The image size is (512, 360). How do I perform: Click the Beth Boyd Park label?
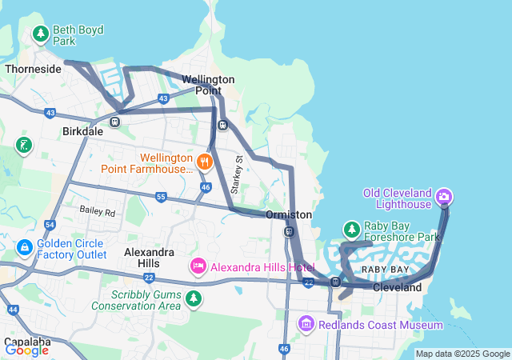(x=78, y=35)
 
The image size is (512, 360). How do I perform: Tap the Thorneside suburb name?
(x=33, y=70)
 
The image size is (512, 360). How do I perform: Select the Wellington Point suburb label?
(x=208, y=85)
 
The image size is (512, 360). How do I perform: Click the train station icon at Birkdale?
(x=115, y=122)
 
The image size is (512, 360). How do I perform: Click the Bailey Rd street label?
(x=97, y=212)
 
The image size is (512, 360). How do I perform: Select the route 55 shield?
(x=161, y=196)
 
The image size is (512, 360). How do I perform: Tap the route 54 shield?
(x=50, y=226)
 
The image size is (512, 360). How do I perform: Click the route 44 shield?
(x=12, y=309)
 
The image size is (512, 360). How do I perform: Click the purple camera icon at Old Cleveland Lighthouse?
(x=445, y=196)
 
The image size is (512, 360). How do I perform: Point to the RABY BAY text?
(x=386, y=270)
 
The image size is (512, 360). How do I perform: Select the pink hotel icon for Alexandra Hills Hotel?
(x=198, y=265)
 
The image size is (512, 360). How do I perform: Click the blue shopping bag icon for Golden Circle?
(x=25, y=248)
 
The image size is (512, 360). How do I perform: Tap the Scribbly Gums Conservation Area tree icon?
(x=193, y=299)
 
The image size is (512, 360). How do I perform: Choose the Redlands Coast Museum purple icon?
(x=306, y=325)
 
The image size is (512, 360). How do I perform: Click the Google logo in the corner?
(x=26, y=350)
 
